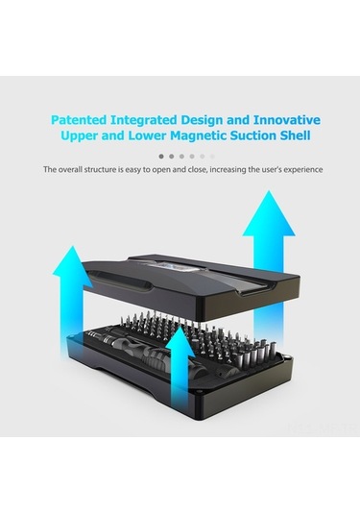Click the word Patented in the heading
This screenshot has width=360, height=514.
(x=79, y=120)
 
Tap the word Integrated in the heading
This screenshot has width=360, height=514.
(x=144, y=121)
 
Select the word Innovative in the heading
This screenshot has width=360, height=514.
(x=287, y=120)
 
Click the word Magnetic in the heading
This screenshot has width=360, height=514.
(x=199, y=135)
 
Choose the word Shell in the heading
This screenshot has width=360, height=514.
(x=295, y=135)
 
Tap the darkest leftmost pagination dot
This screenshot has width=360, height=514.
(x=161, y=157)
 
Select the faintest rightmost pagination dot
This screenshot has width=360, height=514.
(x=212, y=157)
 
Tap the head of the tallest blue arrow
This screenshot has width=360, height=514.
(x=269, y=213)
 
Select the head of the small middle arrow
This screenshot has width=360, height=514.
(x=180, y=341)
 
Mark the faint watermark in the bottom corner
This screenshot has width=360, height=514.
(x=323, y=428)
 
